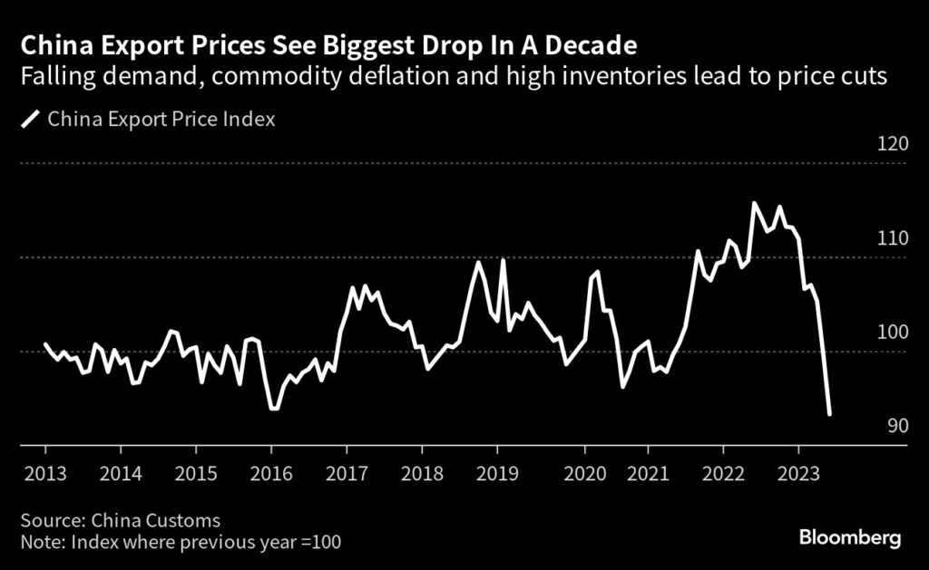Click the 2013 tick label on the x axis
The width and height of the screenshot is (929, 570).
[x=45, y=473]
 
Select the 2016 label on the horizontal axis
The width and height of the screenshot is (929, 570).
[x=270, y=473]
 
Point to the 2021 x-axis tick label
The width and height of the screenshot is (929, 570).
[x=648, y=473]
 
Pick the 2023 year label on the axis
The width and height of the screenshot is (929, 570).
[x=798, y=473]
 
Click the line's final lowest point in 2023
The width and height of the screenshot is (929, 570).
[x=830, y=414]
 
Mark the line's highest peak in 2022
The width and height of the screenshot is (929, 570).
[x=754, y=203]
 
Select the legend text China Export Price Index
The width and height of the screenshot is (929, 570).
[x=161, y=119]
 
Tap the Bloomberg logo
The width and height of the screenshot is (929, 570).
[x=850, y=537]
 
